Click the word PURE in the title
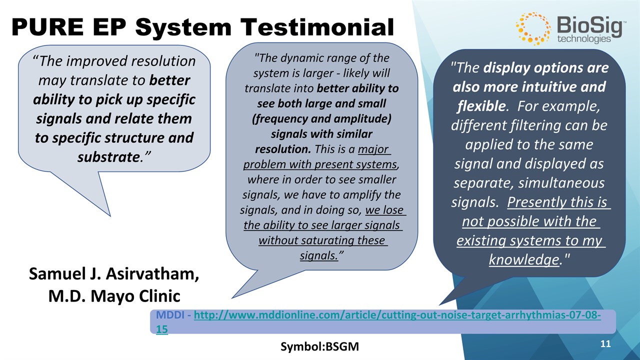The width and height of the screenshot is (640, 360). pos(47,27)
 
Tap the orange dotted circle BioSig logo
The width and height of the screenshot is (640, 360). pos(533,28)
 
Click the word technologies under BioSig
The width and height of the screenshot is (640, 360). pos(584,38)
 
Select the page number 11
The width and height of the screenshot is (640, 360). pos(605,343)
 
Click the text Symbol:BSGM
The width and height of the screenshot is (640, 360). pos(319,346)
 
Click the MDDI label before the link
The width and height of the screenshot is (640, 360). pos(170,315)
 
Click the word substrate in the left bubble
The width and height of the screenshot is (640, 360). pos(108,157)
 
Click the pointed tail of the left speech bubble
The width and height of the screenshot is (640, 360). pos(110,215)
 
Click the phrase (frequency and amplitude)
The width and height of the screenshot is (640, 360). pos(321,119)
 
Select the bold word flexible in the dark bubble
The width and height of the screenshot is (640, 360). pos(481,106)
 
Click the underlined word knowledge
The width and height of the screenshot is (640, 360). pos(524,259)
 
